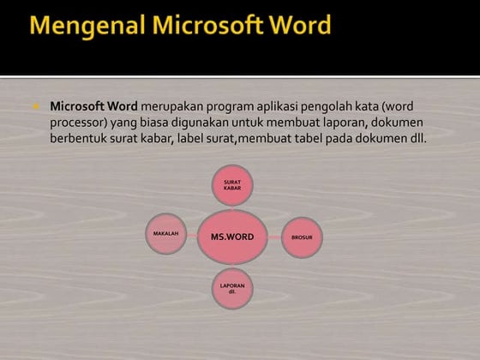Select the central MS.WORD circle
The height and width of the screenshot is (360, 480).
pos(226,236)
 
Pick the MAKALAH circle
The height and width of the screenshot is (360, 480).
pos(165,233)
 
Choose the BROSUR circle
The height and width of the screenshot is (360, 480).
pos(302,237)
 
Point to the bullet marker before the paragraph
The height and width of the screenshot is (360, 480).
pos(38,107)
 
